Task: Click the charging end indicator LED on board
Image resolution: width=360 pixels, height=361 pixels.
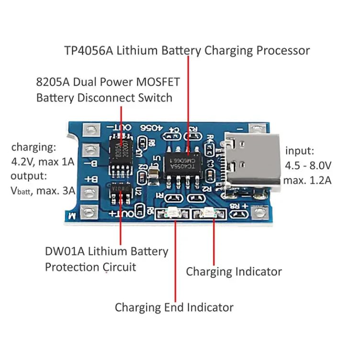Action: [173, 213]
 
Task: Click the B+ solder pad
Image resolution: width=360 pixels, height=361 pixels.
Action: [88, 192]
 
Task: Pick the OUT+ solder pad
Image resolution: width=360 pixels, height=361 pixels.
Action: [89, 212]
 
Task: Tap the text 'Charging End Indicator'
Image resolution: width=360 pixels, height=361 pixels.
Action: [174, 307]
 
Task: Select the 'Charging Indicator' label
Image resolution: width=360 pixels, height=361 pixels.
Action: [234, 272]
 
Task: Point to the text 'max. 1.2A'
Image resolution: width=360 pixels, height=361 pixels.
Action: [307, 180]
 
